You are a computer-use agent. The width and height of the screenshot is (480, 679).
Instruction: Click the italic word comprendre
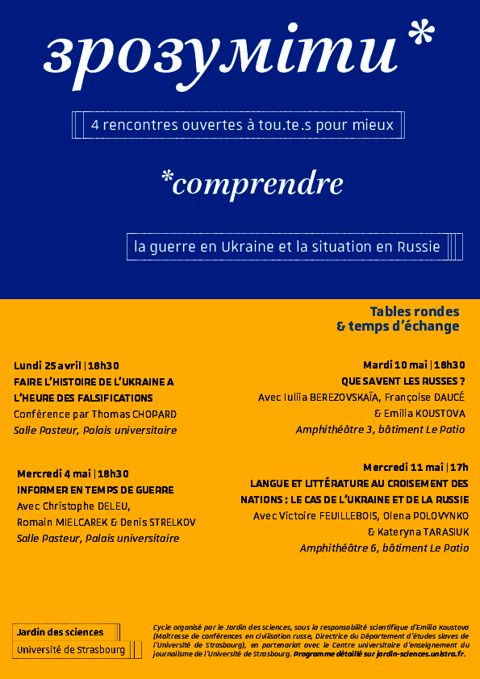click(257, 185)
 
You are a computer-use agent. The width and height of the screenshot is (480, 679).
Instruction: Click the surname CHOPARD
click(148, 414)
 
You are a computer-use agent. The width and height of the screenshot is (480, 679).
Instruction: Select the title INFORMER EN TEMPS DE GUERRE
click(95, 489)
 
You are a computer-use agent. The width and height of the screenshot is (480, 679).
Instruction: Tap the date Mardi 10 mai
click(394, 364)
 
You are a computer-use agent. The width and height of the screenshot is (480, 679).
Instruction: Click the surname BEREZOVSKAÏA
click(342, 397)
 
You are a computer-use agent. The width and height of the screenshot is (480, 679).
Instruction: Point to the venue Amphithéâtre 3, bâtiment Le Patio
click(380, 429)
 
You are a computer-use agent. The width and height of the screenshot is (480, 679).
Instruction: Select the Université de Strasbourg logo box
click(72, 650)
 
